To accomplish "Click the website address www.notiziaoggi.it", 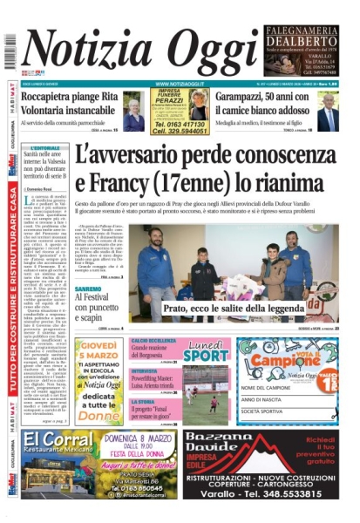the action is pos(179,84).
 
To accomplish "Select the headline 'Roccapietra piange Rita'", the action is pos(69,98).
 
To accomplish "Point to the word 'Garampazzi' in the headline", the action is pos(248,98).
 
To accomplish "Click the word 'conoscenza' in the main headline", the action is pos(278,154).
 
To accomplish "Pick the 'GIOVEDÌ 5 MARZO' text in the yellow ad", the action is pos(98,352).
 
